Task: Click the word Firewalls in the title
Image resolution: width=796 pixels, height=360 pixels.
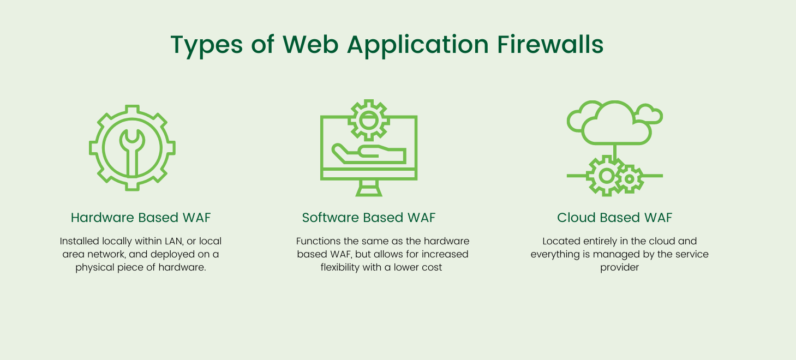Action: coord(550,45)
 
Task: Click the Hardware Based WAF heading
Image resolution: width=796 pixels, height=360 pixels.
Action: coord(141,218)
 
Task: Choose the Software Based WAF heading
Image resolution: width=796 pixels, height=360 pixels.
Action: coord(369,218)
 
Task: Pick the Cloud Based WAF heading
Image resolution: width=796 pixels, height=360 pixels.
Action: coord(614,218)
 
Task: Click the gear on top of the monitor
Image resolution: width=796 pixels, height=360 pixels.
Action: coord(369,119)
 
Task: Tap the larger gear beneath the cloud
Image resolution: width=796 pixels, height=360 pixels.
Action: coord(606,176)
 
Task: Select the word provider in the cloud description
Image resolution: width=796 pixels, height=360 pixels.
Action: coord(619,267)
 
